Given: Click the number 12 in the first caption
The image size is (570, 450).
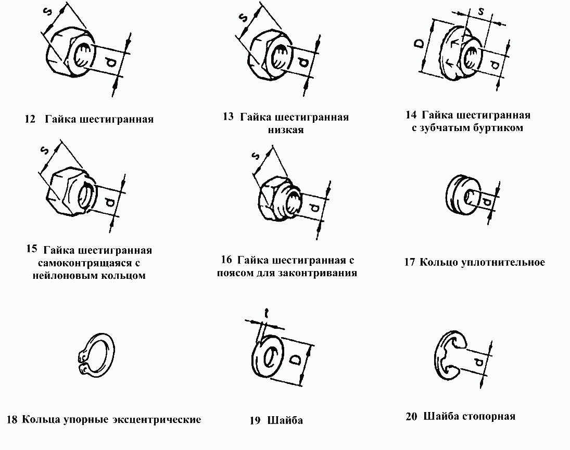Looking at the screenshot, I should coord(30,119).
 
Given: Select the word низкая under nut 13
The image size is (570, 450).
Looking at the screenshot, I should coord(286,130).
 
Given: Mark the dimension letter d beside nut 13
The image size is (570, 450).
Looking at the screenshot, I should coord(304,63).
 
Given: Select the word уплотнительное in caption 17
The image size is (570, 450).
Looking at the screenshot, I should coord(503,262).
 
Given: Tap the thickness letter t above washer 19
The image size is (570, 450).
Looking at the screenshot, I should coord(266,313).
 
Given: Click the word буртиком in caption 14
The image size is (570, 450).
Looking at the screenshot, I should coord(499,127).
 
